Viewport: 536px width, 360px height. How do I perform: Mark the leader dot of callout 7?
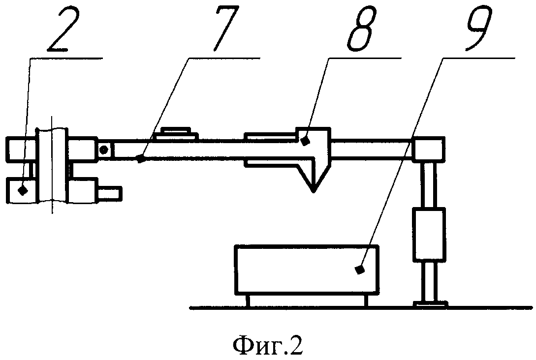pos(141,159)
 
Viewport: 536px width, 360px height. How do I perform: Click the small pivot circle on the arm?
pos(103,149)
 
